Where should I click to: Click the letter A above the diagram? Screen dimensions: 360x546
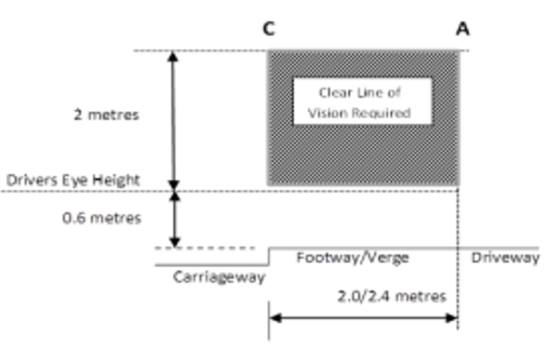tap(463, 29)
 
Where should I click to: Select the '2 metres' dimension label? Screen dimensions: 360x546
tap(106, 114)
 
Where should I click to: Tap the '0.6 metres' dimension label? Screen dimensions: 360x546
tap(101, 218)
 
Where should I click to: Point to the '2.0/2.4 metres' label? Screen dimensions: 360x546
tap(392, 297)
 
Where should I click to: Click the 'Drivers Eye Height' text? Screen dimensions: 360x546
tap(73, 181)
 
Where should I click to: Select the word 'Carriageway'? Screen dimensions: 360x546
tap(219, 276)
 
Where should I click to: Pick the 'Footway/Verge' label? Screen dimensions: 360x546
tap(352, 257)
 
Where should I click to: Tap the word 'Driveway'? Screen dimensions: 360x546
tap(505, 257)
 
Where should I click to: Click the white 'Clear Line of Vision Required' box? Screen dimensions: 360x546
tap(362, 101)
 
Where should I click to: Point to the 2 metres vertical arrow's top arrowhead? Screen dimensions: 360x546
tap(173, 56)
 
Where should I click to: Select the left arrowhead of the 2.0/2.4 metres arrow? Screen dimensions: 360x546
tap(274, 318)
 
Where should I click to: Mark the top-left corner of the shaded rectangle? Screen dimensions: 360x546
tap(268, 51)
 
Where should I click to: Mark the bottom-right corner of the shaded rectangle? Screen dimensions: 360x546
tap(458, 185)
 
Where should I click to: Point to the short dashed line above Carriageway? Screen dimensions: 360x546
tap(207, 248)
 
